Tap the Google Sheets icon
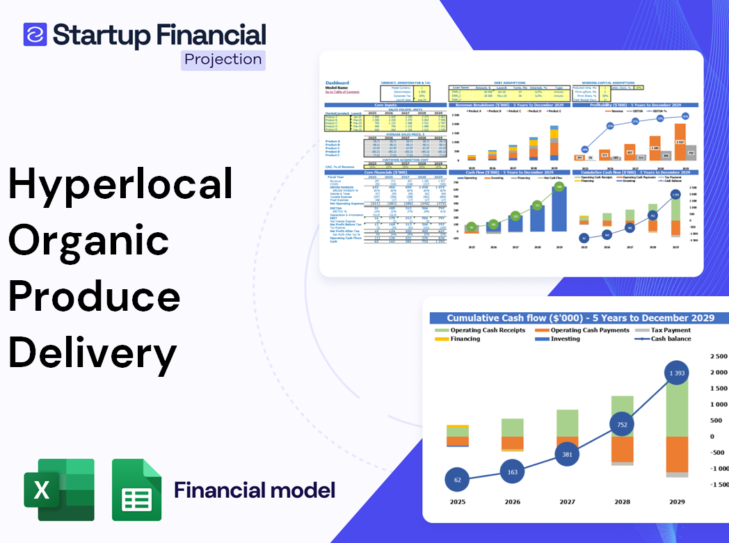tap(136, 489)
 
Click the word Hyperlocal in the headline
tap(120, 184)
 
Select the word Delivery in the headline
tap(93, 352)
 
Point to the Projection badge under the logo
tap(223, 60)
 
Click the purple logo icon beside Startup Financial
tap(35, 34)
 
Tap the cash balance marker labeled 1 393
tap(673, 374)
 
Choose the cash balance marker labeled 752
tap(621, 425)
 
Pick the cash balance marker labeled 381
tap(567, 454)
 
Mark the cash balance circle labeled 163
tap(512, 471)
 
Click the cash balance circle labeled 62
tap(456, 480)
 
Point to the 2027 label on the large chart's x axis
tap(567, 501)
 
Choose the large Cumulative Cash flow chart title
tap(580, 318)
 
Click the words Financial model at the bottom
tap(255, 490)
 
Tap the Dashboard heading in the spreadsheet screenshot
tap(337, 83)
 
